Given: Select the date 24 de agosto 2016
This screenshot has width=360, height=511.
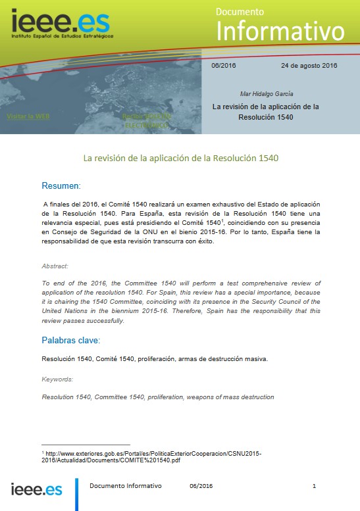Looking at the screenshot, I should click(309, 66).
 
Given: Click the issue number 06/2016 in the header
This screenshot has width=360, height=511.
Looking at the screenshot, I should click(224, 66).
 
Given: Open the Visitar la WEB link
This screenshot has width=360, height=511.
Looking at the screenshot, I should click(28, 116).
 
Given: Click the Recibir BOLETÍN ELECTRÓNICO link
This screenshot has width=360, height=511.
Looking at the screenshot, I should click(146, 120).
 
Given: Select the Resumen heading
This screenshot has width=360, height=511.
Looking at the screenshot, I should click(61, 185).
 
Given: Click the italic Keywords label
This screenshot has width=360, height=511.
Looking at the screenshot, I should click(57, 379).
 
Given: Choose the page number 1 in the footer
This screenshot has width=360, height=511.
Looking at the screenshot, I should click(315, 486).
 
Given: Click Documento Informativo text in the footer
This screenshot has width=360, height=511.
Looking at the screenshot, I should click(125, 486).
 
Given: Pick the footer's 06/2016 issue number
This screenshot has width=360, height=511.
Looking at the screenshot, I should click(201, 486).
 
